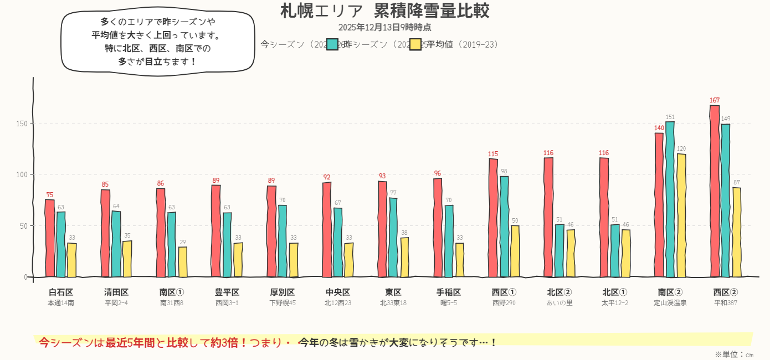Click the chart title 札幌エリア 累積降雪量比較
[384, 11]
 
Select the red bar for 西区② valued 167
[715, 191]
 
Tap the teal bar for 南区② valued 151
[670, 199]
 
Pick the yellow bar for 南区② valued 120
[681, 215]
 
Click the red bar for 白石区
[50, 238]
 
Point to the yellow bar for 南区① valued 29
[183, 262]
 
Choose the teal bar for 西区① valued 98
[504, 227]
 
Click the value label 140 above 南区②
[659, 128]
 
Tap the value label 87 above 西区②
[737, 182]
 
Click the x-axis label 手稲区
[449, 292]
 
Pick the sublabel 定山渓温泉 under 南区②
[670, 303]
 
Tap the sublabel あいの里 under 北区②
[559, 303]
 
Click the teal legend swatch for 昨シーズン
[332, 44]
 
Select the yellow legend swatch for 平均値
[415, 44]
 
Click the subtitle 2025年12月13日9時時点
[384, 27]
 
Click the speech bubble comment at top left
[158, 42]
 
